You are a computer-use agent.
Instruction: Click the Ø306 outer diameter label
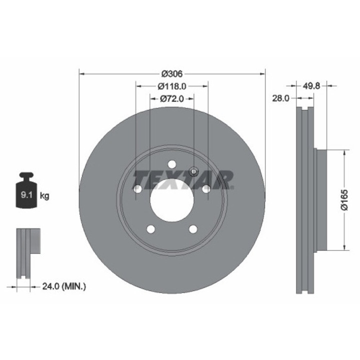pos(172,74)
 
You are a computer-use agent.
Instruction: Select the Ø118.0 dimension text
pos(172,86)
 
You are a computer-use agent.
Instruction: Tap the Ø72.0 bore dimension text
pos(172,98)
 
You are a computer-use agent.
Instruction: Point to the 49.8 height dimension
pos(311,86)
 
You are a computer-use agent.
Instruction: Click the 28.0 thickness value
pos(281,98)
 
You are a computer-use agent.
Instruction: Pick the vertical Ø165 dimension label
pos(344,199)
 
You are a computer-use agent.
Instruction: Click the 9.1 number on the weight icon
pos(26,195)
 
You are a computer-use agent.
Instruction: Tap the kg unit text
pos(44,196)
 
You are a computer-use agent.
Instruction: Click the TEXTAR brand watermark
pos(183,180)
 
